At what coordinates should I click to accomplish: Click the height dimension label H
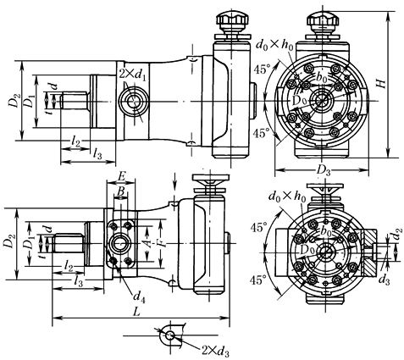(381, 83)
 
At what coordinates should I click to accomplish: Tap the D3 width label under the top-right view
(324, 170)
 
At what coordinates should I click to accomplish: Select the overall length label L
(137, 313)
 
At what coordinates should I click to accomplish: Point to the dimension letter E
(121, 177)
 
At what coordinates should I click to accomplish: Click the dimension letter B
(120, 191)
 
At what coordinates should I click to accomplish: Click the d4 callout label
(139, 297)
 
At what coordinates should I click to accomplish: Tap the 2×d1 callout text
(133, 75)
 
